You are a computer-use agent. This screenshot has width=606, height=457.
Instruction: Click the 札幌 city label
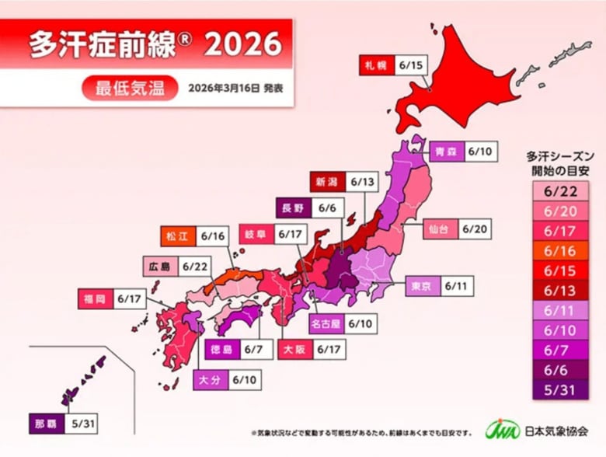pos(375,65)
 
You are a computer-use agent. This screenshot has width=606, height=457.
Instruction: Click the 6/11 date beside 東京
pos(457,286)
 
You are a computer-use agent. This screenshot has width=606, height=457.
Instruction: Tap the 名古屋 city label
pos(326,322)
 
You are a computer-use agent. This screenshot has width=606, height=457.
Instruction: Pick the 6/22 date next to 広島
pos(195,266)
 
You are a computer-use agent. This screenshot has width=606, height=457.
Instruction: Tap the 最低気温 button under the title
pos(129,88)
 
